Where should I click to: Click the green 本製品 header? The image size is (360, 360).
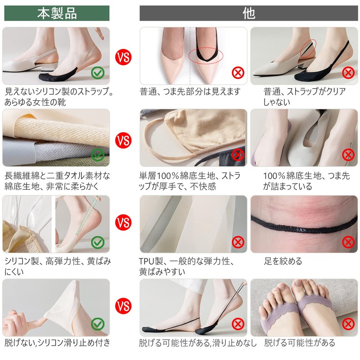[x=57, y=13]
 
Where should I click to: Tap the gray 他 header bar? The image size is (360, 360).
[x=249, y=13]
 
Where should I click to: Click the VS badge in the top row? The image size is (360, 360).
[x=123, y=57]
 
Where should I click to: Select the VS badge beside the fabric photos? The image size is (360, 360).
[x=123, y=140]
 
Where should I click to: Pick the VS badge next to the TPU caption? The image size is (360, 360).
[x=123, y=222]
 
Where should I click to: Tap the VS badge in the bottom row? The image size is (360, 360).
[x=123, y=306]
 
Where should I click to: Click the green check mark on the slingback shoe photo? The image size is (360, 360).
[x=98, y=73]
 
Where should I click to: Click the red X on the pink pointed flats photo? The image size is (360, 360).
[x=238, y=73]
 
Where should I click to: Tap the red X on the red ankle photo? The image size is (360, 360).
[x=348, y=242]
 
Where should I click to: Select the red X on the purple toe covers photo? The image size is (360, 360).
[x=348, y=324]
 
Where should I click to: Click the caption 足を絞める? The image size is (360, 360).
[x=283, y=261]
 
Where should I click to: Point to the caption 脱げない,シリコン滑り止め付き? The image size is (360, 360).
[x=58, y=342]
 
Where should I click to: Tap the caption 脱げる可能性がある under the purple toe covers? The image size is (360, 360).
[x=299, y=342]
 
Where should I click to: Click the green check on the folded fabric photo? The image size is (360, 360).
[x=98, y=155]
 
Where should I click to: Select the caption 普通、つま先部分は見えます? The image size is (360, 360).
[x=190, y=92]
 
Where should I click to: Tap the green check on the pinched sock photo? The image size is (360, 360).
[x=98, y=324]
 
